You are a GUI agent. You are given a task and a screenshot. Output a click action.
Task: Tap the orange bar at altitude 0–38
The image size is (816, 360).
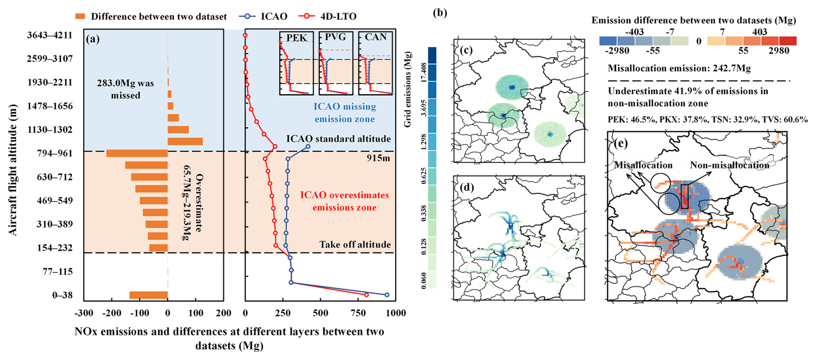148,295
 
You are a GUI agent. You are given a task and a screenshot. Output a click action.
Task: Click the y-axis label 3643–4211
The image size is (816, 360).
50,35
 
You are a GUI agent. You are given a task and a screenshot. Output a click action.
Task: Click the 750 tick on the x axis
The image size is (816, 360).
358,313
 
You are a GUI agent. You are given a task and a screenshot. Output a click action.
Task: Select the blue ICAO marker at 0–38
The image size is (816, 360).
387,295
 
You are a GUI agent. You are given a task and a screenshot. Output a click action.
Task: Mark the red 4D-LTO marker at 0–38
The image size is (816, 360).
367,295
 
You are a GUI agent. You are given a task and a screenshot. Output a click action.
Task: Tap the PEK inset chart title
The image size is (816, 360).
297,38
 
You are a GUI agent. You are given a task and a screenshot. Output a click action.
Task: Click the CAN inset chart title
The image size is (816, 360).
376,37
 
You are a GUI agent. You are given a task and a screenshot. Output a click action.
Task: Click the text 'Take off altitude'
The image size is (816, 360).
355,245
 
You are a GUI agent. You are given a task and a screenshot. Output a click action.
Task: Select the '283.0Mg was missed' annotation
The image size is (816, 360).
126,89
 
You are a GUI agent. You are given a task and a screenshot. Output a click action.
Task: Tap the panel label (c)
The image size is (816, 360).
466,50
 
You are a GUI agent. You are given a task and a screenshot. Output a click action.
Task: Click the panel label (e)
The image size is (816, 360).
621,143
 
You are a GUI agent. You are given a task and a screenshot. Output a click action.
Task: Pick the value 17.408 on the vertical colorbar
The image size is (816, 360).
424,73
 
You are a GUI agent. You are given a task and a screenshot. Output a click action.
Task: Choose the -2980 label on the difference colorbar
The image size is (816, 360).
617,51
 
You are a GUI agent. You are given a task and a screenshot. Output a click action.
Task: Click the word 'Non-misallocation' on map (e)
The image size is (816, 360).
729,165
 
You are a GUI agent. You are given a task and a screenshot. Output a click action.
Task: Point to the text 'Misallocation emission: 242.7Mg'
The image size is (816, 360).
679,68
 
